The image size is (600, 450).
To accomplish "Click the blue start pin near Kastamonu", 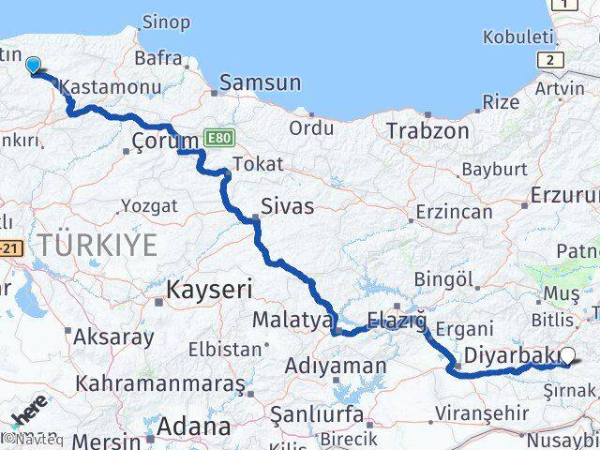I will (34, 65).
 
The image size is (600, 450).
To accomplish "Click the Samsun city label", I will (261, 83).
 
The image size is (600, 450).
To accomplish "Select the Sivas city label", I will (287, 205).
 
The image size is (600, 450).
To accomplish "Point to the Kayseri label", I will (209, 290).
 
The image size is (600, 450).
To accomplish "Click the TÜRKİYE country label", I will (97, 246).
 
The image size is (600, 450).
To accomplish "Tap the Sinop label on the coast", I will (165, 22).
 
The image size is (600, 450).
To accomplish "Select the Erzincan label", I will (453, 212).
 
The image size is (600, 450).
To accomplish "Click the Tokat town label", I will (257, 164).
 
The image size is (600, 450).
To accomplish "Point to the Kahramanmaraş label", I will (160, 383).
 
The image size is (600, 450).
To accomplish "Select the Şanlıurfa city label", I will (316, 413).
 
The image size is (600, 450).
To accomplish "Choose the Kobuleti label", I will (517, 37).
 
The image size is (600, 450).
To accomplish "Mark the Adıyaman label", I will (335, 366).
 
